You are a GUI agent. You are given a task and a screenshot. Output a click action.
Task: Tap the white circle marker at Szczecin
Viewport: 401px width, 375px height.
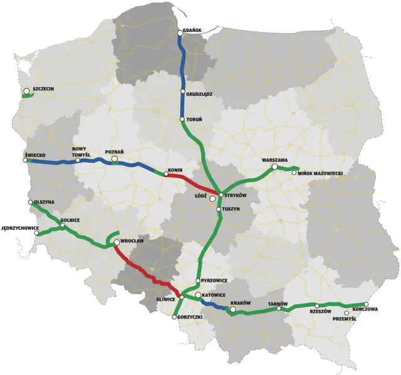point(26,92)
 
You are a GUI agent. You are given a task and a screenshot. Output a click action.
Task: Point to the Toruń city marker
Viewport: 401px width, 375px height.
point(182,120)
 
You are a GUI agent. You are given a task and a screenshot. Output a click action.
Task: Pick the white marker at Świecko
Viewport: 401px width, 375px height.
point(28,160)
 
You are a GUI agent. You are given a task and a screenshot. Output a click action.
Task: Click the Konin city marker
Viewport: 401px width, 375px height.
point(165,175)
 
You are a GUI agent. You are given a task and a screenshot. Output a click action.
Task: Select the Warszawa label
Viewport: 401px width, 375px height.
point(276,160)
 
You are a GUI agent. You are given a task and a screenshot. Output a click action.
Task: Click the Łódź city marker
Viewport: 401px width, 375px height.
point(213,198)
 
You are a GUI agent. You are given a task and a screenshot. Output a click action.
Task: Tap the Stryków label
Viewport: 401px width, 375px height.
point(235,195)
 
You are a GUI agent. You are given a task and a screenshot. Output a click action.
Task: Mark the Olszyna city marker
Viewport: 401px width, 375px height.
point(31,202)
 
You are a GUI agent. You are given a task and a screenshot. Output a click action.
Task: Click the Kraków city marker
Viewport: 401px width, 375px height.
point(233,309)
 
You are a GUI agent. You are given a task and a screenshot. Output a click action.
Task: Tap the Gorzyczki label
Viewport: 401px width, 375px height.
point(189,318)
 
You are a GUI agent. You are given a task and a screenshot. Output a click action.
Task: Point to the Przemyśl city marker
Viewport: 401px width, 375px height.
point(347,313)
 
